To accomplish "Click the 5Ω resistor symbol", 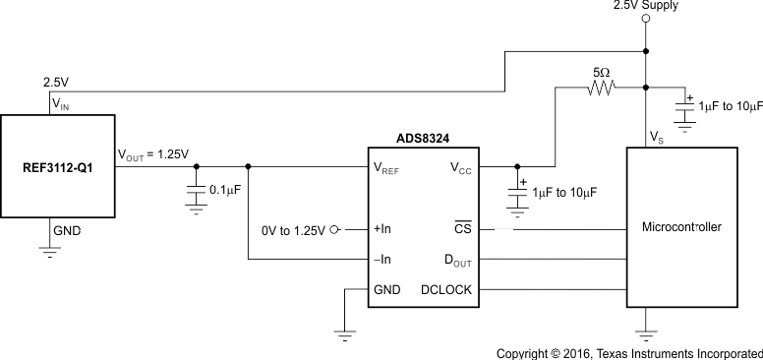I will tap(602, 88).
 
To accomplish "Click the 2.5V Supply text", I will tap(645, 6).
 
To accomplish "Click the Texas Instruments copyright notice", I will tap(628, 351).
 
